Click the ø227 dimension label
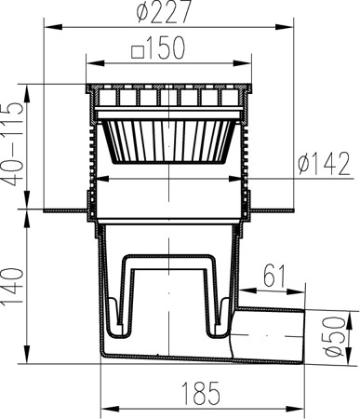pos(164,12)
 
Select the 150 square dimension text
pos(166,48)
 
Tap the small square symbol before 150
pos(138,52)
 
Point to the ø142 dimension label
pos(324,164)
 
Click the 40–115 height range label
pos(13,144)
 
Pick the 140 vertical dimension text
pos(13,287)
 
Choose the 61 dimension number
pos(274,276)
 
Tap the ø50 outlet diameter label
pos(334,336)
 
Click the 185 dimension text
pos(201,394)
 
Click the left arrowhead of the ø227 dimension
pos(54,27)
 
